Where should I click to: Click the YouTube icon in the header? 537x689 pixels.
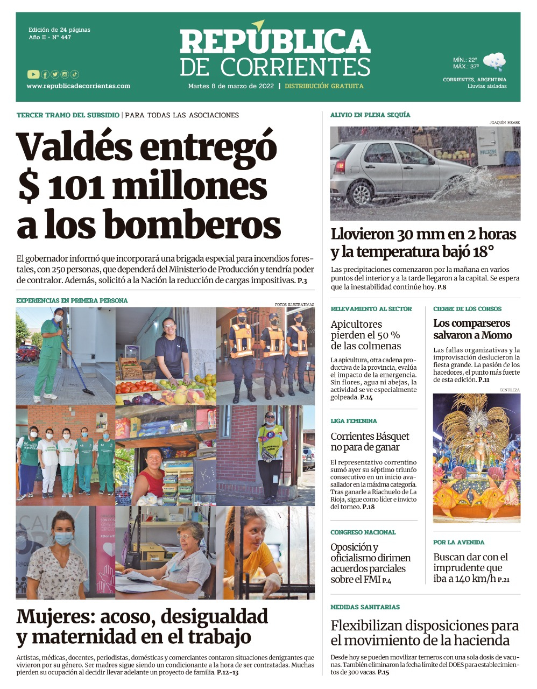coord(33,74)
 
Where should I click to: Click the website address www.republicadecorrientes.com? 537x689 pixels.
coord(78,86)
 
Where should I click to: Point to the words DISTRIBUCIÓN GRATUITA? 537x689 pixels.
coord(324,86)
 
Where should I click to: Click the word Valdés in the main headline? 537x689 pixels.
coord(74,147)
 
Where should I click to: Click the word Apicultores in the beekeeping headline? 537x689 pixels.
coord(356,325)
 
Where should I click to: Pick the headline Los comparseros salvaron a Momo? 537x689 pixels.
coord(472,329)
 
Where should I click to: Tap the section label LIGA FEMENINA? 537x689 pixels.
coord(354,421)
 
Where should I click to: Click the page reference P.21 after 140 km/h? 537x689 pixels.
coord(503,580)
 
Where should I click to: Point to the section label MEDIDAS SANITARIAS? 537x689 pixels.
coord(365,607)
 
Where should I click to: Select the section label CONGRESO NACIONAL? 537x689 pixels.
coord(363,532)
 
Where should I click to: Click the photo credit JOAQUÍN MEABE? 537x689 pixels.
coord(505,123)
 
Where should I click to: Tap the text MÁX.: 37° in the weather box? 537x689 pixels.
coord(465,67)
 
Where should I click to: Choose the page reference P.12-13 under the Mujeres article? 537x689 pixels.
coord(228,672)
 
